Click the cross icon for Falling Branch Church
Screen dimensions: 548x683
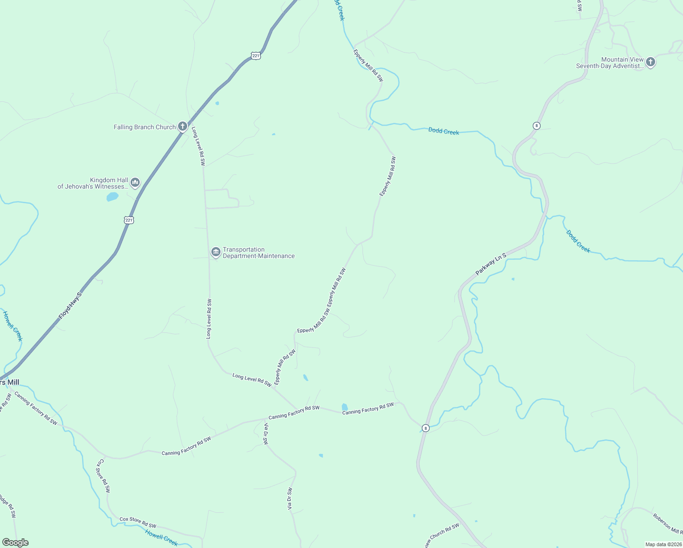pyautogui.click(x=183, y=126)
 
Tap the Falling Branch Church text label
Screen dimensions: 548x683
pyautogui.click(x=145, y=127)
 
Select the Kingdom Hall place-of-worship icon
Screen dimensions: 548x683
pyautogui.click(x=135, y=183)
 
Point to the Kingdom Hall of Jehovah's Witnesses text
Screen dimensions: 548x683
pyautogui.click(x=93, y=183)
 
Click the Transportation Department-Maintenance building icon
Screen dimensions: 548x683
pyautogui.click(x=215, y=252)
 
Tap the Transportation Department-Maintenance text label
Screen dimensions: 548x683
pyautogui.click(x=258, y=253)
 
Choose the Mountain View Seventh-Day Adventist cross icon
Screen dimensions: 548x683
pyautogui.click(x=651, y=62)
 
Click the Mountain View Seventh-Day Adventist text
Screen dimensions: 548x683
pyautogui.click(x=610, y=63)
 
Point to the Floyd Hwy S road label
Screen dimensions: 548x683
pyautogui.click(x=70, y=306)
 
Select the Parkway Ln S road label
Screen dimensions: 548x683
pyautogui.click(x=491, y=264)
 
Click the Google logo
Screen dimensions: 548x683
pyautogui.click(x=15, y=543)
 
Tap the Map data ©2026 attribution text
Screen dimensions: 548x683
pyautogui.click(x=663, y=544)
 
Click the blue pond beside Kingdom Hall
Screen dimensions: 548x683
pyautogui.click(x=112, y=197)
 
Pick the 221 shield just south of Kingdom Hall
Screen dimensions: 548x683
pyautogui.click(x=129, y=220)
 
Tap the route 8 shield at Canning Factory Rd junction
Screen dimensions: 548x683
pyautogui.click(x=426, y=428)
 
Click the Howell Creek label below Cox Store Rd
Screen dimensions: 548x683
pyautogui.click(x=161, y=537)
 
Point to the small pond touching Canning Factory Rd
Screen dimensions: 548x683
pyautogui.click(x=345, y=407)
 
